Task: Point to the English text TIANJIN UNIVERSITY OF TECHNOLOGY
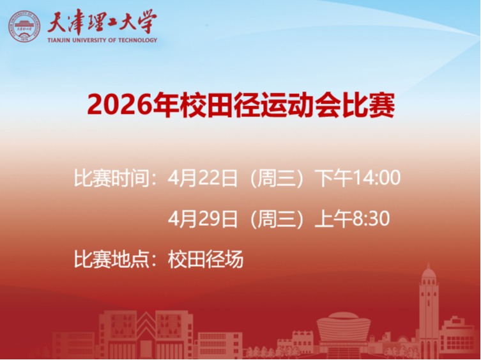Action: coord(102,40)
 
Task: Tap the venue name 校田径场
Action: coord(206,260)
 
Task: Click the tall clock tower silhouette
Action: coord(428,313)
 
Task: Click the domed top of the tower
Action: coord(429,274)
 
